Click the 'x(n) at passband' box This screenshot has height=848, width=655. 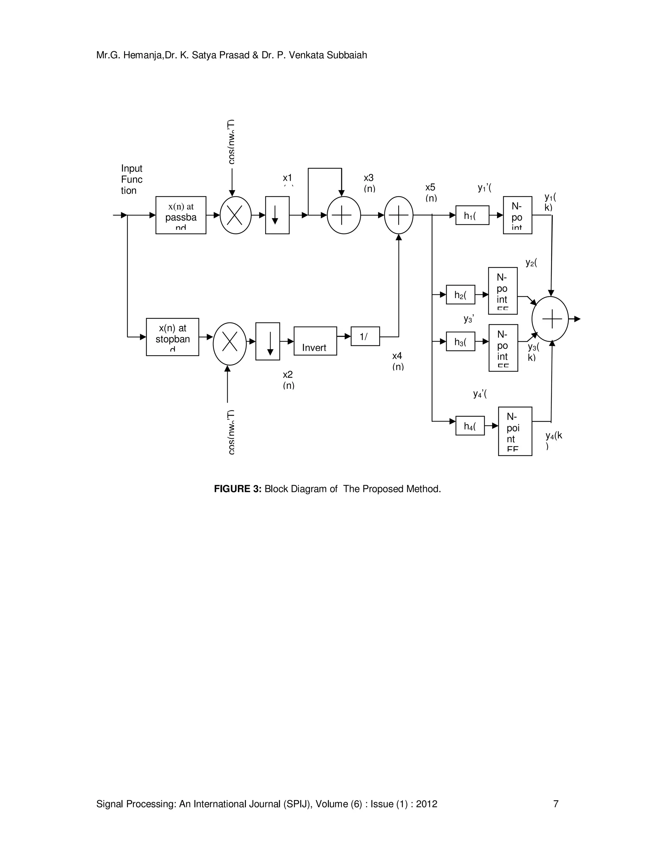click(x=180, y=215)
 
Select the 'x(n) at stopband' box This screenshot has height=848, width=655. click(x=172, y=337)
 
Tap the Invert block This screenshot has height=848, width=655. click(x=315, y=341)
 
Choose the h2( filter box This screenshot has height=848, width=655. click(x=460, y=294)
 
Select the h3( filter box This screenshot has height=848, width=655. click(x=460, y=341)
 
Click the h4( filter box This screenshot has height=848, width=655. click(x=470, y=426)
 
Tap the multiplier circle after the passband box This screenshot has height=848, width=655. click(x=235, y=215)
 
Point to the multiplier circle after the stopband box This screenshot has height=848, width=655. click(x=229, y=344)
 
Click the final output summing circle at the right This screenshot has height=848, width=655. click(x=550, y=319)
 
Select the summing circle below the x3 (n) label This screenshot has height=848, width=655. click(x=343, y=215)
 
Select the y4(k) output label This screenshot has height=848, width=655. click(x=553, y=440)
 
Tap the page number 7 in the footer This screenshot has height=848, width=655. click(x=555, y=804)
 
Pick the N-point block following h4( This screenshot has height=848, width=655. click(x=515, y=431)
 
